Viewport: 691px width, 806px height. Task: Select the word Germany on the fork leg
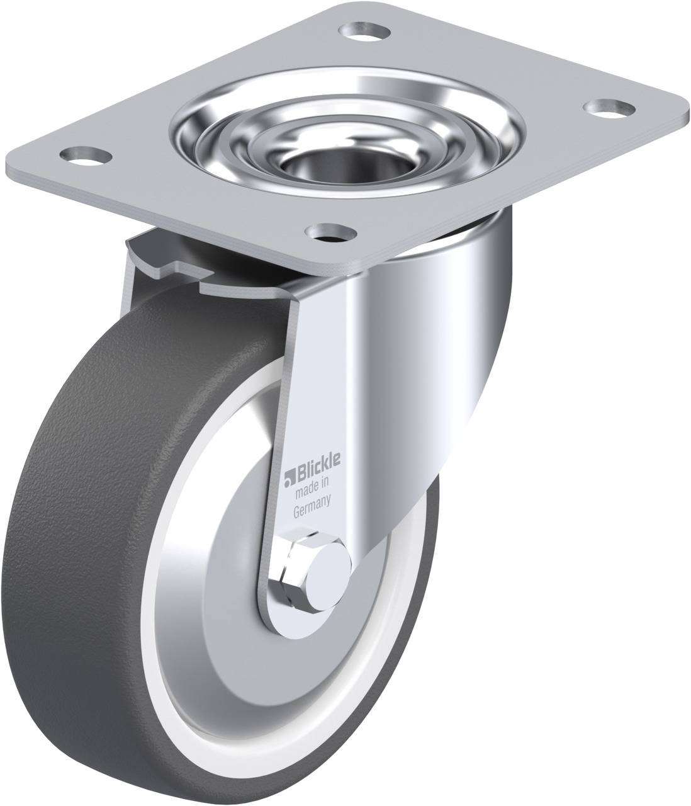point(312,497)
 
